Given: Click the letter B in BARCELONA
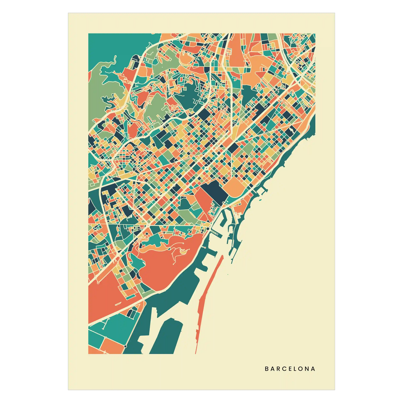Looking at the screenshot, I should click(266, 369).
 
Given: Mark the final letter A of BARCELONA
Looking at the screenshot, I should click(313, 369).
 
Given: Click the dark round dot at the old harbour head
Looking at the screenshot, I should click(208, 229).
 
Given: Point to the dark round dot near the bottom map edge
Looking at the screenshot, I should click(126, 346).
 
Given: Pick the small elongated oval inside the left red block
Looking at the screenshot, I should click(117, 304).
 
